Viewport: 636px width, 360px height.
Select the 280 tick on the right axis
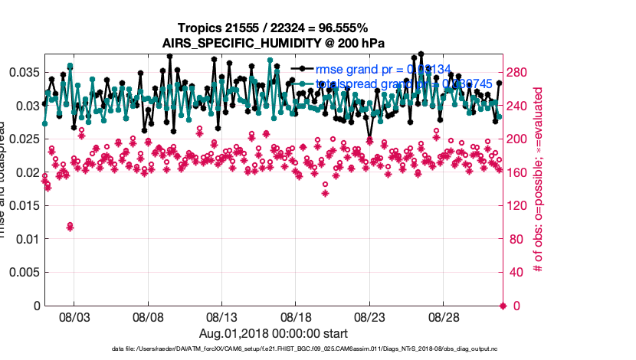pyautogui.click(x=521, y=72)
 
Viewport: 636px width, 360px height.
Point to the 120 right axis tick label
pyautogui.click(x=521, y=205)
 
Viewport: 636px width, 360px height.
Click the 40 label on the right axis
pyautogui.click(x=518, y=272)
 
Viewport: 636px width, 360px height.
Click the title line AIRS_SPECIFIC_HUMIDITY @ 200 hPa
pyautogui.click(x=273, y=42)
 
